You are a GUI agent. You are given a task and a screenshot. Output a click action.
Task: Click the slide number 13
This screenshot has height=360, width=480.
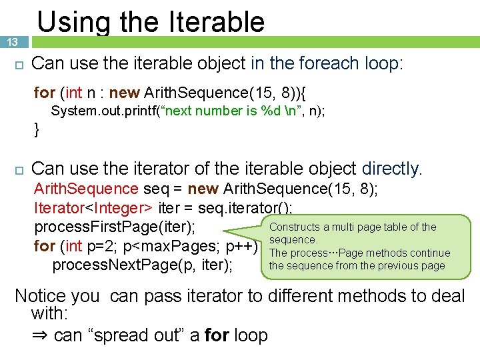(x=12, y=42)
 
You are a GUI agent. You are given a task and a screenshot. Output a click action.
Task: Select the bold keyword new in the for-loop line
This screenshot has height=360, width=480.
(x=125, y=92)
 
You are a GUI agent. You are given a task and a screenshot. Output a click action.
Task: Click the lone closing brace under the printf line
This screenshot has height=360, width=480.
(x=37, y=129)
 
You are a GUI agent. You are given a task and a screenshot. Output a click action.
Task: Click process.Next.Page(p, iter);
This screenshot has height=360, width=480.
(x=143, y=265)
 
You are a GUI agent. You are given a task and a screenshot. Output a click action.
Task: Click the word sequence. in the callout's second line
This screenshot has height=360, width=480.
(x=293, y=240)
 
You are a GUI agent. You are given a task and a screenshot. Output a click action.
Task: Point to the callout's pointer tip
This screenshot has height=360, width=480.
(x=225, y=233)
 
